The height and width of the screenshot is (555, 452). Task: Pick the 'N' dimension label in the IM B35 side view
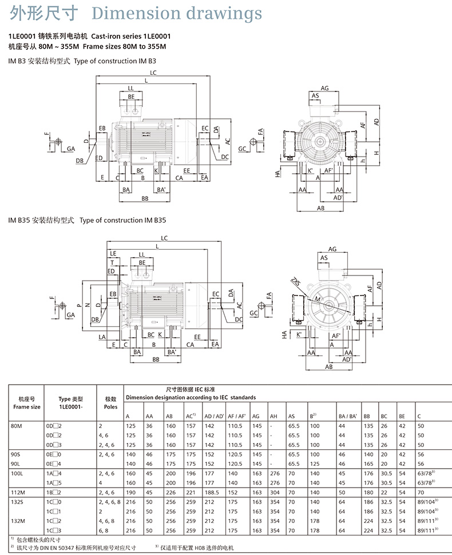coord(88,304)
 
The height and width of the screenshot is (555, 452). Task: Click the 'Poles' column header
coord(110,407)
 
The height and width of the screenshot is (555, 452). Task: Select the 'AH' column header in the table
coord(273,416)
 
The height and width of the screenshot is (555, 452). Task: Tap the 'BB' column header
coord(367,416)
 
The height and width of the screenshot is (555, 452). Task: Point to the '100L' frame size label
coord(17,473)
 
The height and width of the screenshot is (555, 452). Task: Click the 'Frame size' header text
coord(27,407)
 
